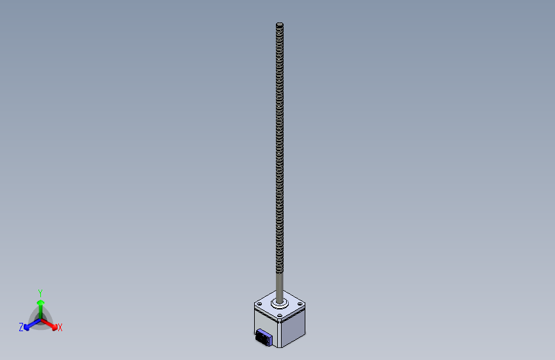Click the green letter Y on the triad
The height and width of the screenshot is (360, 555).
pyautogui.click(x=40, y=293)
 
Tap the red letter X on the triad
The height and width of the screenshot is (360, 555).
pyautogui.click(x=60, y=328)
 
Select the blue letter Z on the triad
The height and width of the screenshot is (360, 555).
pyautogui.click(x=21, y=327)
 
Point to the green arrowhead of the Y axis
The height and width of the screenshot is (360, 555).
pyautogui.click(x=41, y=302)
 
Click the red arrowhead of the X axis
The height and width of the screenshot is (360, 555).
pyautogui.click(x=54, y=327)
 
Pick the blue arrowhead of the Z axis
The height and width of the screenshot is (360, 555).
pyautogui.click(x=26, y=327)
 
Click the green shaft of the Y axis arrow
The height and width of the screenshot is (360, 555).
pyautogui.click(x=41, y=312)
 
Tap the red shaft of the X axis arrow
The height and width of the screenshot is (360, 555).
pyautogui.click(x=47, y=323)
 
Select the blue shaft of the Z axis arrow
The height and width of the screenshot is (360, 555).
pyautogui.click(x=35, y=323)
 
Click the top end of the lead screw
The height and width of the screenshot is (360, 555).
pyautogui.click(x=280, y=24)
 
